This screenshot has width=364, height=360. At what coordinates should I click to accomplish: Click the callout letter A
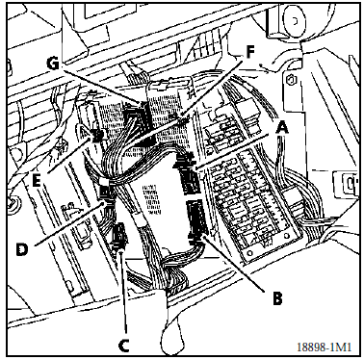(x=282, y=129)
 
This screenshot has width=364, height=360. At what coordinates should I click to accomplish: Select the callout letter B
(x=277, y=298)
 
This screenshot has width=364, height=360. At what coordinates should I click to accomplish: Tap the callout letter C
(x=123, y=346)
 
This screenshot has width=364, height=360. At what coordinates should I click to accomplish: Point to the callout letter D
(x=22, y=249)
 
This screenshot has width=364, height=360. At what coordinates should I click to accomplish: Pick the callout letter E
(x=37, y=181)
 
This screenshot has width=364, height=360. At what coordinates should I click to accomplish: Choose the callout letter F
(x=250, y=52)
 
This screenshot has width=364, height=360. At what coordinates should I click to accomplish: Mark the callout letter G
(x=53, y=64)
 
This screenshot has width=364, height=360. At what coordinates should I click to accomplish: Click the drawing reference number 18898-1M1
(x=324, y=347)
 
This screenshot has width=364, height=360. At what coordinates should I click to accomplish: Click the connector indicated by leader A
(x=189, y=175)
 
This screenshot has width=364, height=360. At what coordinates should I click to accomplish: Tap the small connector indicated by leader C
(x=119, y=236)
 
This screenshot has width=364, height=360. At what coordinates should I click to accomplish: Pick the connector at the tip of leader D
(x=105, y=192)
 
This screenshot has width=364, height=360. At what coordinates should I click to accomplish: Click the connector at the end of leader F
(x=182, y=119)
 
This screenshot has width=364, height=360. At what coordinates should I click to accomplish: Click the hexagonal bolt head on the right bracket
(x=291, y=79)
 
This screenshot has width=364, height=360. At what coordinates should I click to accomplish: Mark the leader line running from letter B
(x=234, y=264)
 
